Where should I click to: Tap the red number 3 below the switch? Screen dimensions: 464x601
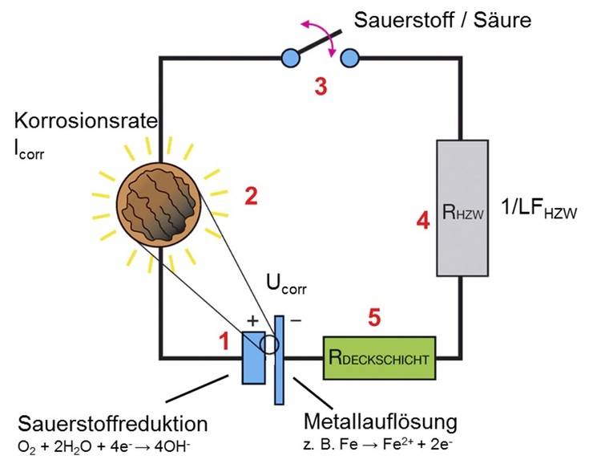(x=321, y=88)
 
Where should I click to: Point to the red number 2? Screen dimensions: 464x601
(x=251, y=196)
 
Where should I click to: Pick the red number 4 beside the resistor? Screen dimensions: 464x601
(x=422, y=220)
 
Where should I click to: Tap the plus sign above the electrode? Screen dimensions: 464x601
(x=252, y=320)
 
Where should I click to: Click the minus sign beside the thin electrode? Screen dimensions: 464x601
(x=295, y=320)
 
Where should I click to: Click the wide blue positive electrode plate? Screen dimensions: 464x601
(x=253, y=357)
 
